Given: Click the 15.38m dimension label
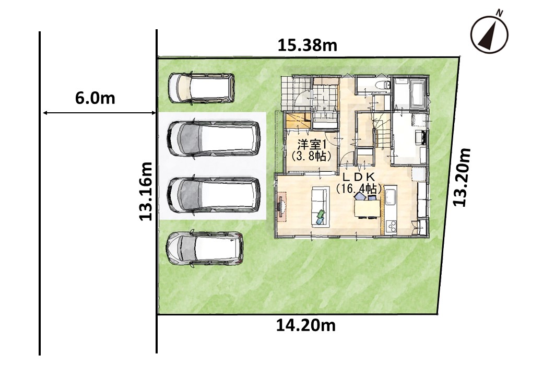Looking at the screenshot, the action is pos(307,45).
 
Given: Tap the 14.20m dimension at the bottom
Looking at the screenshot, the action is pos(305,325).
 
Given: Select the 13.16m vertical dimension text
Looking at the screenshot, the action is pos(146,191).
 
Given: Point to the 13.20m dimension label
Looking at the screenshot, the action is pos(462,177).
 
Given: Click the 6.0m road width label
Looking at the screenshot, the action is pos(95,98).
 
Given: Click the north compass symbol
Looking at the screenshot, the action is pos(489,34).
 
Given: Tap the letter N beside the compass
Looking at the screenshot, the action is pos(499,13).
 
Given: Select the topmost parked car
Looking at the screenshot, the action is pos(202,88).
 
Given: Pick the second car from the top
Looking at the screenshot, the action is pos(214,138).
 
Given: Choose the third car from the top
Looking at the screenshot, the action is pos(214,195).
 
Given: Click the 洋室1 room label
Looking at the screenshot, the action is pos(310,144).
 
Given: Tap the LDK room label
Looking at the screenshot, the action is pos(359,177).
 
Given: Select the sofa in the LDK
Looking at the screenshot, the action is pos(320,207).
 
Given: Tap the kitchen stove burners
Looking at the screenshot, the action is pos(392,226).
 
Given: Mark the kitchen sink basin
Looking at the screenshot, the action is pos(391,196).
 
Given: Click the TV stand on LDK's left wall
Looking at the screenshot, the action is pos(282,207).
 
